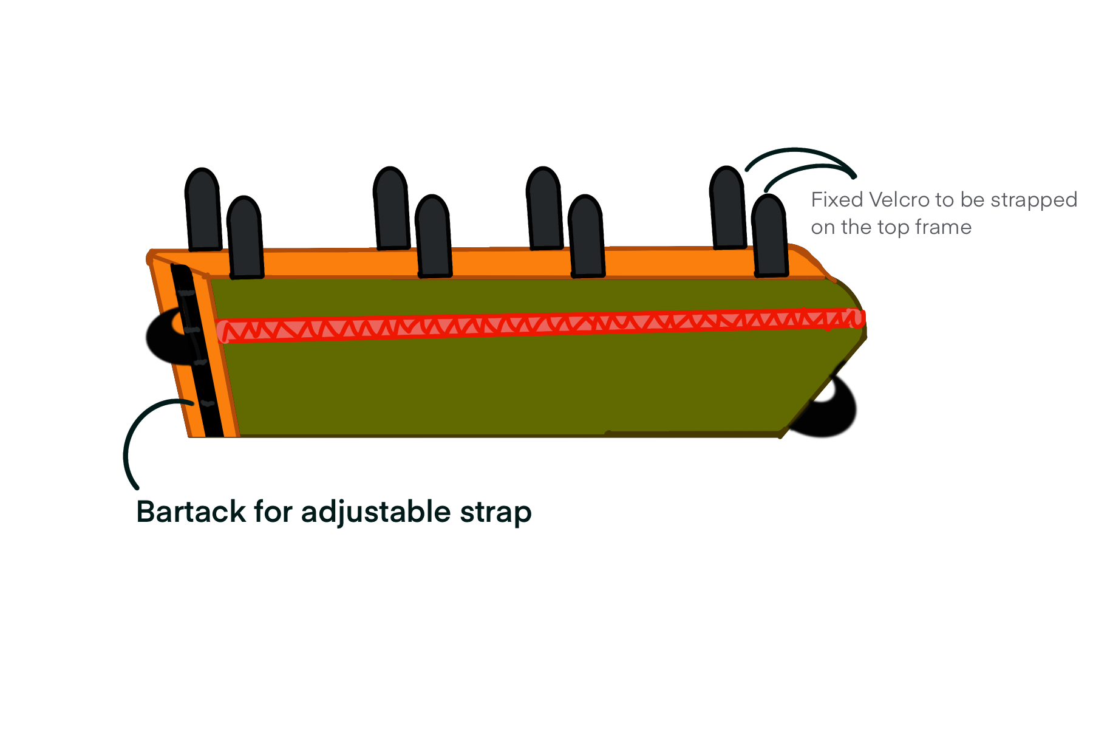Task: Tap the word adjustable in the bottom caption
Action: pos(376,512)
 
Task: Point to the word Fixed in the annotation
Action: pos(837,199)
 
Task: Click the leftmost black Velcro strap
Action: pos(203,210)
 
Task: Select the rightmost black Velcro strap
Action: pos(769,236)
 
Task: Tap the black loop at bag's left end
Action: pos(163,339)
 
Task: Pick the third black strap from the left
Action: pos(391,208)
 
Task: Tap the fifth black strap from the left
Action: pos(544,208)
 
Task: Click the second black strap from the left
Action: pos(245,238)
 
